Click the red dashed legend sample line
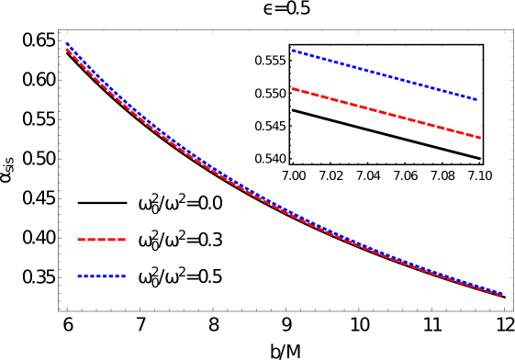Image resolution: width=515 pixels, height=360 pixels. point(101,240)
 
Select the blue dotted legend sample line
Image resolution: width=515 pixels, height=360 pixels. point(101,276)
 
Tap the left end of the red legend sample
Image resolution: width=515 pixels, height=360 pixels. point(78,240)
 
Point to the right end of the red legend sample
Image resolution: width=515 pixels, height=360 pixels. point(125,240)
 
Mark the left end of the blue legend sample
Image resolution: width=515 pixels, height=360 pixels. point(78,276)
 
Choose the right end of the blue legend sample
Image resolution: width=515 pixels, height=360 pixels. point(125,276)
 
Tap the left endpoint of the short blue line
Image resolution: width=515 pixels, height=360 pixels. point(293,51)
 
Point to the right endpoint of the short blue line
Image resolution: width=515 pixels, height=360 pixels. point(476,99)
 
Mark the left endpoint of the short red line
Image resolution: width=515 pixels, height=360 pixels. point(293,89)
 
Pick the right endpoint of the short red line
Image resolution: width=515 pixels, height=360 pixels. point(479,138)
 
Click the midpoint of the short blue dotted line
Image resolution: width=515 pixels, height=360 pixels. point(384,73)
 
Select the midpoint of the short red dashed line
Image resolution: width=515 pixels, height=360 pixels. point(386,112)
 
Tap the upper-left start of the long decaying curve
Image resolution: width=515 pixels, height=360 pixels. point(66,44)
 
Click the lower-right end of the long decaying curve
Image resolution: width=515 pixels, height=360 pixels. point(501,295)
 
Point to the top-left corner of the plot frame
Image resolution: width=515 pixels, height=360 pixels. point(59,29)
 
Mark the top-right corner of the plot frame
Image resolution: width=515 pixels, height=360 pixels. point(513,29)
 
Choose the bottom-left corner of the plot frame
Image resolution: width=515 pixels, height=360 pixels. point(59,310)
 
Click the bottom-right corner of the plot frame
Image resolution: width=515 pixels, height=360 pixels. point(513,310)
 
